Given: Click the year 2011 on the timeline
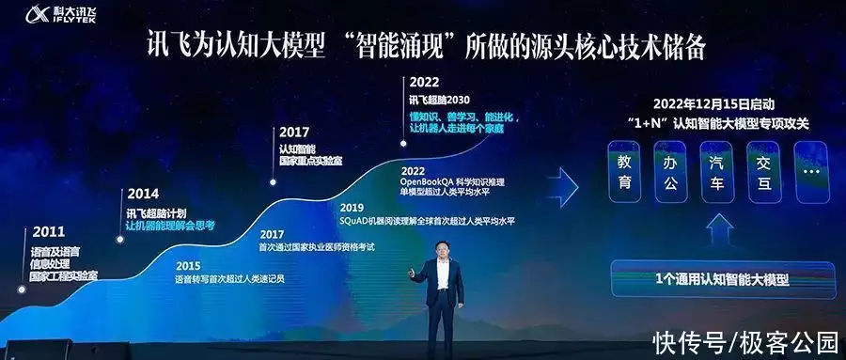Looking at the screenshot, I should (x=49, y=231).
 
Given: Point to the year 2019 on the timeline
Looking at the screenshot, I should (x=352, y=208).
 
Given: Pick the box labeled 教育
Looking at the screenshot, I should (x=625, y=173).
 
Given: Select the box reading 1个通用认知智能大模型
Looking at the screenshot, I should (x=720, y=280).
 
